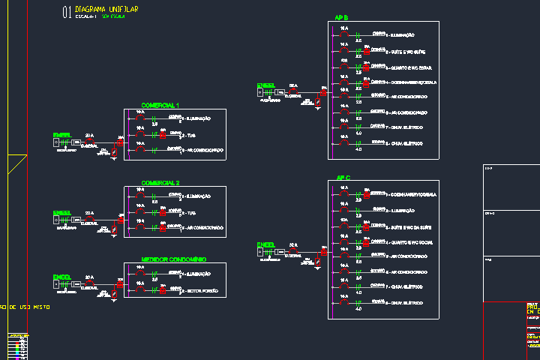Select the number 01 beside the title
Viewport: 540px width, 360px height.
67,11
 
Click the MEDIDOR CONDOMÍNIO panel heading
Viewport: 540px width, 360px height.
173,259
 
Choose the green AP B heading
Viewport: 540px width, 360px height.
342,18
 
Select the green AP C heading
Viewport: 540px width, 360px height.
343,178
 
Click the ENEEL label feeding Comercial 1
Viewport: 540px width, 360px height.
61,135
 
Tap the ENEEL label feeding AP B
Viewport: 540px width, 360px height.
265,86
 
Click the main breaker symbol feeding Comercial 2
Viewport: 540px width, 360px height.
89,219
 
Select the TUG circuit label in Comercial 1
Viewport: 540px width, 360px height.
190,135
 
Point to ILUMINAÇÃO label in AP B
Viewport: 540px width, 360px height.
400,35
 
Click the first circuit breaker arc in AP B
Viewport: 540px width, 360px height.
344,34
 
